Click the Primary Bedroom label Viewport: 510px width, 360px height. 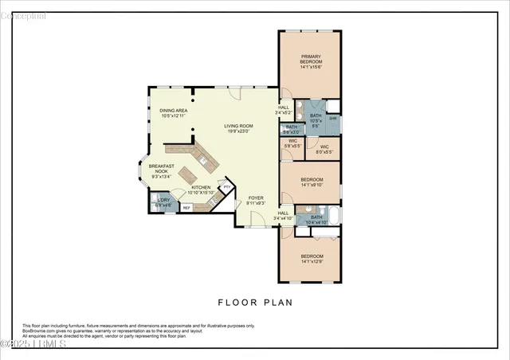(x=311, y=61)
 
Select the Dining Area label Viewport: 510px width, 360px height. (x=173, y=113)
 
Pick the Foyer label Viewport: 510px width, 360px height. (x=256, y=200)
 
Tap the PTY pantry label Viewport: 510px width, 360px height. (x=226, y=187)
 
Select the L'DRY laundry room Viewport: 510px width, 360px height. (x=163, y=202)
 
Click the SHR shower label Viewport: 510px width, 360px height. (x=333, y=118)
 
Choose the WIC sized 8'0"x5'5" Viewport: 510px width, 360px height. (x=324, y=149)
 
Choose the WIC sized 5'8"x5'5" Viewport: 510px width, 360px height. (x=292, y=144)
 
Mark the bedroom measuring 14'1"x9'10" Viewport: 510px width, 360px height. (x=311, y=182)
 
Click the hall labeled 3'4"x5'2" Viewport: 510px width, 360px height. (x=284, y=111)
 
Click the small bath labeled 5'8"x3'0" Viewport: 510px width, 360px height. (x=292, y=130)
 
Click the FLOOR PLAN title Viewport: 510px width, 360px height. (x=255, y=303)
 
